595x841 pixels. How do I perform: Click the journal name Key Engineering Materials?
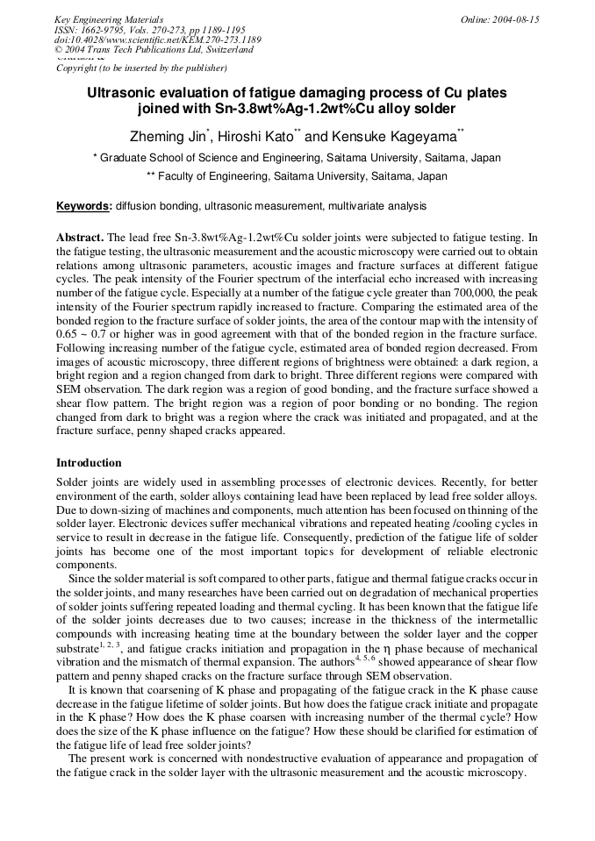pos(109,19)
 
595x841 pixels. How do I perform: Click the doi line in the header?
pos(157,39)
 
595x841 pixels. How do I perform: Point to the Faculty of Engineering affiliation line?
pos(297,176)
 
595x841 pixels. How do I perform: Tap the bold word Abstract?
pos(80,238)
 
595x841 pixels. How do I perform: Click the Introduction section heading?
pos(89,463)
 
